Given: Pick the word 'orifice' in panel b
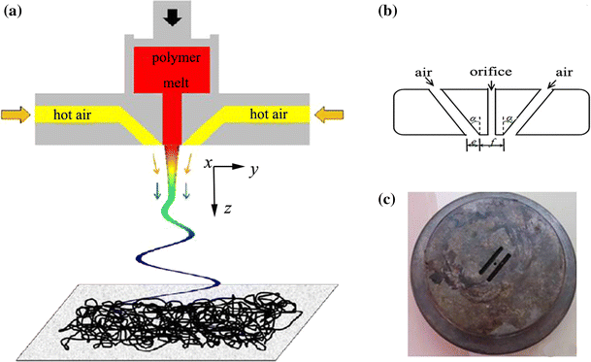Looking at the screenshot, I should (490, 70).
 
